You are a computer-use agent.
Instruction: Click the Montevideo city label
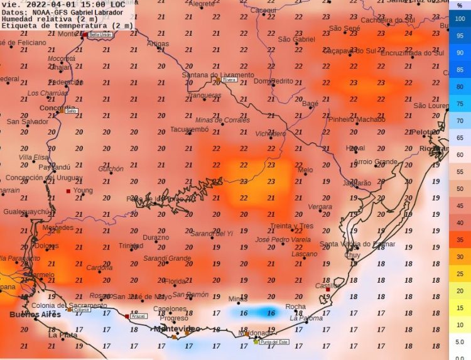click(x=177, y=329)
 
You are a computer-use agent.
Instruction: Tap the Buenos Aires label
click(x=35, y=314)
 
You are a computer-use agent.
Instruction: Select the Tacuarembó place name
click(x=189, y=129)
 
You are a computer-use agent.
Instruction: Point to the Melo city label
click(x=305, y=170)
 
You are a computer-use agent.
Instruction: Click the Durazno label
click(x=156, y=237)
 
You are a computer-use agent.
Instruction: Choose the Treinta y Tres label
click(x=291, y=226)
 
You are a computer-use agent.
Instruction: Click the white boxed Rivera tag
click(x=230, y=80)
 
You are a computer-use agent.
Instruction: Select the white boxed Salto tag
click(x=72, y=111)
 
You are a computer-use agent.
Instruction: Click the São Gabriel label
click(x=296, y=39)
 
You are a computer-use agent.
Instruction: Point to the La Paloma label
click(x=306, y=318)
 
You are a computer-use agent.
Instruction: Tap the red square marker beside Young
click(x=68, y=191)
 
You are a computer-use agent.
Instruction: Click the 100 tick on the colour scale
click(x=460, y=19)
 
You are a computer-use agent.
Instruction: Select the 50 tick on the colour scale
click(x=460, y=188)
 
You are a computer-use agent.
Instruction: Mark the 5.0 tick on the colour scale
click(x=460, y=342)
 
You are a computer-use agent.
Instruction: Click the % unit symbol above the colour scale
click(x=460, y=5)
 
